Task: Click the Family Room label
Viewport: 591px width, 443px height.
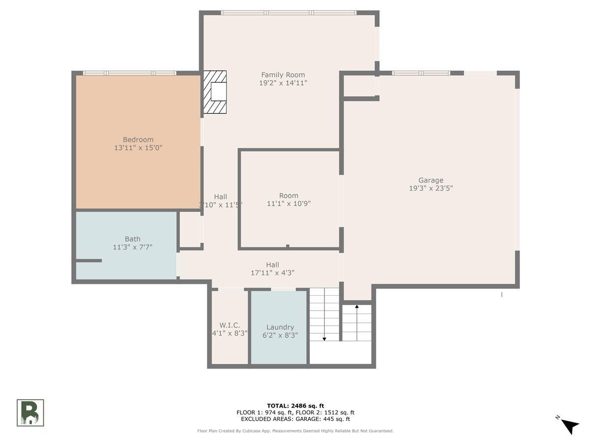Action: [x=283, y=75]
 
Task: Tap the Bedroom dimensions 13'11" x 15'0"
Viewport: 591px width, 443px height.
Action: [x=138, y=148]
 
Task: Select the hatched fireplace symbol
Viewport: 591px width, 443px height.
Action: [x=215, y=92]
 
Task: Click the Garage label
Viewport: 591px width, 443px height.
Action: [x=431, y=180]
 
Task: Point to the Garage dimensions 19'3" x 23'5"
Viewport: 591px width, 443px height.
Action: [x=431, y=189]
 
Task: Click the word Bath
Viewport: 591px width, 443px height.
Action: [x=132, y=239]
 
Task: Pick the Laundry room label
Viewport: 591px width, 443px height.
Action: [x=280, y=327]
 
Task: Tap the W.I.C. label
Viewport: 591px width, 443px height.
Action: [x=230, y=325]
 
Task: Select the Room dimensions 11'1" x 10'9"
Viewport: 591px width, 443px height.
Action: [x=289, y=204]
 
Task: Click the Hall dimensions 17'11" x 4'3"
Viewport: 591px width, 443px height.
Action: [x=272, y=273]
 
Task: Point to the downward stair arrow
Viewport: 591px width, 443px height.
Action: [x=325, y=315]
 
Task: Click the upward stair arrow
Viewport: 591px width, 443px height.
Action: [x=357, y=323]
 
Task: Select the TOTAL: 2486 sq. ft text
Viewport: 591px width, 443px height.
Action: [x=295, y=406]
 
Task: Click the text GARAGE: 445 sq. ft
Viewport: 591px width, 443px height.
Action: [x=323, y=419]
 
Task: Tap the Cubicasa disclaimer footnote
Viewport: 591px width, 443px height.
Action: [x=295, y=431]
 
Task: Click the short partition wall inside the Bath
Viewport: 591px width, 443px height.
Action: [x=89, y=261]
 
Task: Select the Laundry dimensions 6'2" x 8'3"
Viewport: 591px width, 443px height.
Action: [x=280, y=335]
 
